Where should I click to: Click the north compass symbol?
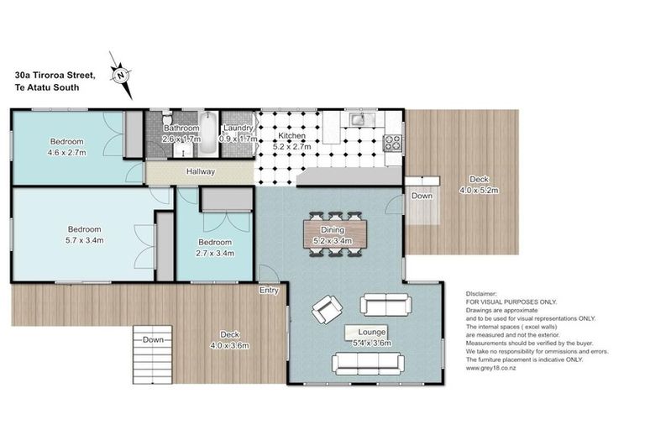121,73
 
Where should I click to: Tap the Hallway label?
202,172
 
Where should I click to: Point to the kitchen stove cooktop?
392,143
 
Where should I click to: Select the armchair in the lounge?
326,311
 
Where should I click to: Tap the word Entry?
269,291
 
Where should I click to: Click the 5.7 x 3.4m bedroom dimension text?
84,240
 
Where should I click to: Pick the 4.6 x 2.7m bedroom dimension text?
66,153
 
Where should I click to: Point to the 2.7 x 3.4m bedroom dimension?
214,253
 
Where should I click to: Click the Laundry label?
236,128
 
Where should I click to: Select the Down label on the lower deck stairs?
153,339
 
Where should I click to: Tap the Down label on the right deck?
422,197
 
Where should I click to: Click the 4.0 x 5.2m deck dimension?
480,191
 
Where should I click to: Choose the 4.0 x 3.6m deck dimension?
229,345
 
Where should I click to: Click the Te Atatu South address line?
46,87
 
